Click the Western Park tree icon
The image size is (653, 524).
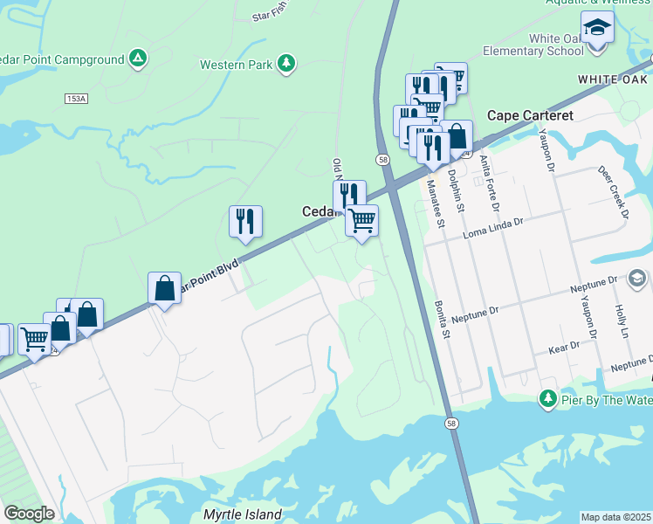285,63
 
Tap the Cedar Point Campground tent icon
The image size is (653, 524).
137,59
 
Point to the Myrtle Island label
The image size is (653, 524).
243,514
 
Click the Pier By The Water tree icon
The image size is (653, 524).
547,399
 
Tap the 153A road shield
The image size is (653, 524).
76,99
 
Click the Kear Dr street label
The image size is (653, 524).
565,348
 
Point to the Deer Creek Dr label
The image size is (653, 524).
614,192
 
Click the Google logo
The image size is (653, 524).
29,514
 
